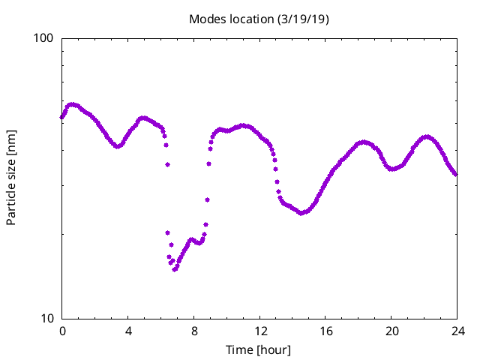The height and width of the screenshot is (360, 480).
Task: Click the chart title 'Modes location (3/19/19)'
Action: tap(259, 19)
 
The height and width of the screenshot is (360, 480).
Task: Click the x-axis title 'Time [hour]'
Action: tap(259, 349)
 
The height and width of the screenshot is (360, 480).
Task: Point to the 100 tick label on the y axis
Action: tap(46, 38)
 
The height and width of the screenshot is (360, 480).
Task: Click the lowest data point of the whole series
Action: tap(174, 269)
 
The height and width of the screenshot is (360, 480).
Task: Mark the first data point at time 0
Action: tap(62, 116)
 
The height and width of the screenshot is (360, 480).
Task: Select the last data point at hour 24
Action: tap(455, 174)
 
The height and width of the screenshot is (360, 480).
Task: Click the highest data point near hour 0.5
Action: tap(71, 105)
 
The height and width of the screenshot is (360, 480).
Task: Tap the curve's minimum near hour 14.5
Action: tap(301, 213)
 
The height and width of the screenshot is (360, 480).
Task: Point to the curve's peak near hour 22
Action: tap(427, 137)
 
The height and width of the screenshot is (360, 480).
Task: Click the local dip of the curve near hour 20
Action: tap(392, 169)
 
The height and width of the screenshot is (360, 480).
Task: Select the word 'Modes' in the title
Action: tap(205, 19)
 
